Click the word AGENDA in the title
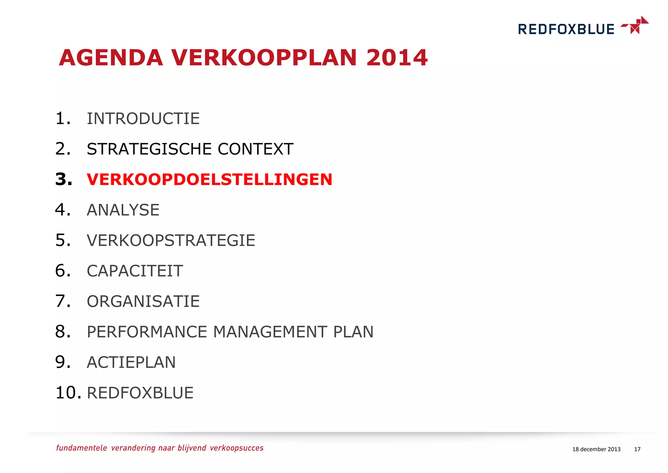[111, 58]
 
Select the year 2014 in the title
[397, 58]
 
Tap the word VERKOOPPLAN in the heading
[264, 58]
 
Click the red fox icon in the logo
[635, 25]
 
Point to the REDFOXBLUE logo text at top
[566, 29]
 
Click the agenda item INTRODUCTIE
[143, 118]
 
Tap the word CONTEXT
[255, 149]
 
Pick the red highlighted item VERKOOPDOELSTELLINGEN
[209, 179]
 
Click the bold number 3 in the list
[63, 179]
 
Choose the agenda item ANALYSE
[123, 210]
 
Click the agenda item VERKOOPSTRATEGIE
[171, 240]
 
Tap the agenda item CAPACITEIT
[135, 271]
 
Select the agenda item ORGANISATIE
[143, 301]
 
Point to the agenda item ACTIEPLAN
[131, 362]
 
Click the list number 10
[68, 392]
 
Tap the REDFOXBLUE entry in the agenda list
[140, 393]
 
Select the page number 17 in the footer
[637, 449]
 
